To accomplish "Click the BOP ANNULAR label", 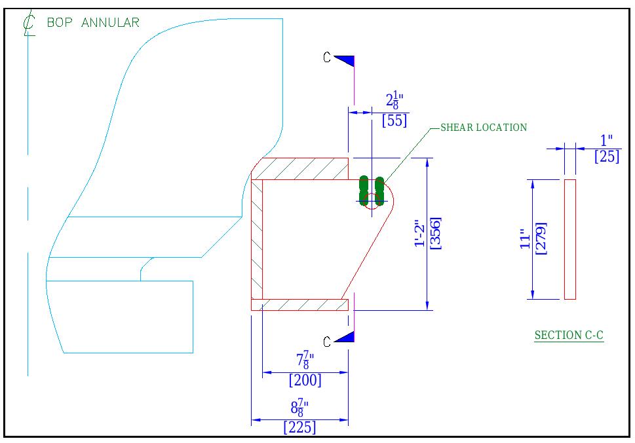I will point(93,23).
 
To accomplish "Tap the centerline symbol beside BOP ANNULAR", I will point(28,24).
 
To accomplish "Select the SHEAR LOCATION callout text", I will point(483,128).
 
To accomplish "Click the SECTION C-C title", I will point(569,336).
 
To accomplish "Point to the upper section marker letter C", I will point(327,58).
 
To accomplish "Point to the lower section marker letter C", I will point(327,341).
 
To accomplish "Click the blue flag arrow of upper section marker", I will point(346,60).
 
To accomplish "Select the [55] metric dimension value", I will point(394,120).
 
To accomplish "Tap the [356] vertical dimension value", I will point(435,233).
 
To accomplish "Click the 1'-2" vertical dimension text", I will point(420,233).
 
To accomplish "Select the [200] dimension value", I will point(305,380).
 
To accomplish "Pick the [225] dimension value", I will point(299,427).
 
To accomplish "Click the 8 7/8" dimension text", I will point(299,408).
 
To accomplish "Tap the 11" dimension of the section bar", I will point(524,239).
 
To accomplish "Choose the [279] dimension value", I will point(541,239).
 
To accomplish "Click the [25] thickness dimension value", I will point(606,157).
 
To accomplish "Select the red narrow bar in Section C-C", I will point(570,239).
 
